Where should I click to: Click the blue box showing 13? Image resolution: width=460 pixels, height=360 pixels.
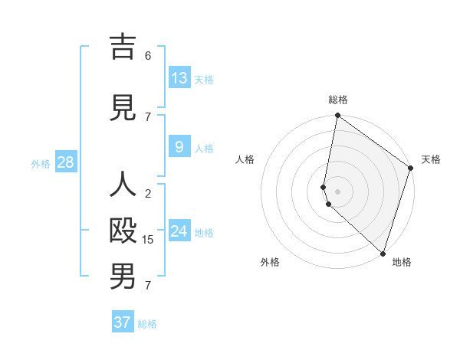pos(179,78)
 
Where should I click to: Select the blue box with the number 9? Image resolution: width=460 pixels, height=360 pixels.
pos(179,146)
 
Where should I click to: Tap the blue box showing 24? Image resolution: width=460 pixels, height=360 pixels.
pos(179,231)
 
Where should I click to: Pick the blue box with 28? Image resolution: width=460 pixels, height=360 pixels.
pos(65,162)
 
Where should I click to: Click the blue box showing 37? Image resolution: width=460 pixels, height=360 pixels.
pos(123,322)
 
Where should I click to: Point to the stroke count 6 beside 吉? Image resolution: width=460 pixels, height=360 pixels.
pos(148,56)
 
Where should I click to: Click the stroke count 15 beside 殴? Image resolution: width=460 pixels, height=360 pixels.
pos(148,240)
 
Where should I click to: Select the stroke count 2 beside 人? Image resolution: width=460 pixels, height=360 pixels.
pos(148,194)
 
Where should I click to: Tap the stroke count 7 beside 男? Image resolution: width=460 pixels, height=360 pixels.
pos(148,286)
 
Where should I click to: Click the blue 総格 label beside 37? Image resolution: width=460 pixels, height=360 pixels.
pos(147,324)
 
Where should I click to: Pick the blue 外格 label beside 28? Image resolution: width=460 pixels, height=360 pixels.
pos(41,164)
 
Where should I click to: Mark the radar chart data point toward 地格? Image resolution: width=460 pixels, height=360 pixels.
pos(383,253)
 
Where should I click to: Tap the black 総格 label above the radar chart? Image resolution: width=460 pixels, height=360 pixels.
pos(338,100)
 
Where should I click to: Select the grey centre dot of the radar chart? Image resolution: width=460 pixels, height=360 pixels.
pos(338,191)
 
